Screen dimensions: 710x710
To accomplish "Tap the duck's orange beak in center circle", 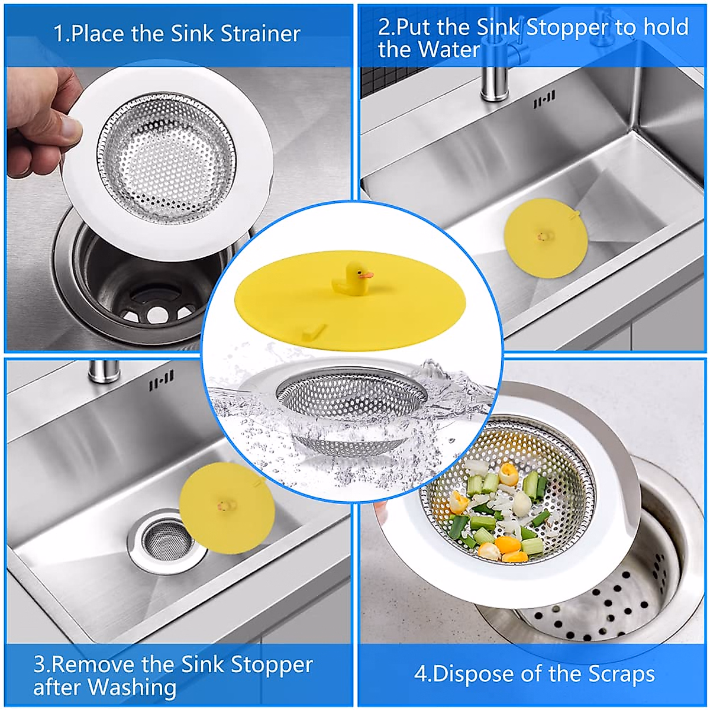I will tap(367, 275).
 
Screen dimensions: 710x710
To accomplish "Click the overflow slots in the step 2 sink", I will tap(544, 100).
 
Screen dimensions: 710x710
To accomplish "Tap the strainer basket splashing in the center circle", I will tap(351, 408).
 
